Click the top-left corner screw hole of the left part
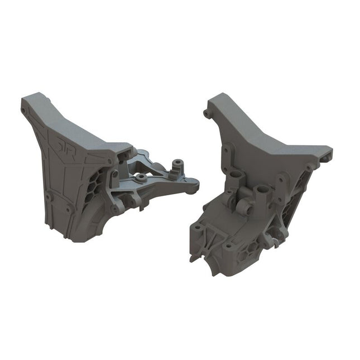tap(25, 112)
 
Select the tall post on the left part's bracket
tap(178, 164)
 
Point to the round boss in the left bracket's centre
tap(142, 178)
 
